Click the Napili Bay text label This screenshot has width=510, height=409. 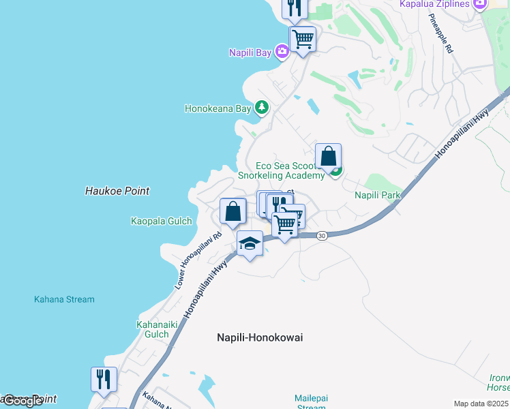(250, 52)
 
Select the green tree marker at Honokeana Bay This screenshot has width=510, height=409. (261, 108)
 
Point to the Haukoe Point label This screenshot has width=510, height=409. (117, 192)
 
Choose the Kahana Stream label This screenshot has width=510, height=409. (64, 299)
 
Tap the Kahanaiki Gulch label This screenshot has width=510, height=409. (152, 329)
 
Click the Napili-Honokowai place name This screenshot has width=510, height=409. (260, 337)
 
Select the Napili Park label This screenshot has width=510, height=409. (377, 195)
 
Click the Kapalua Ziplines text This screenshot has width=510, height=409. (434, 4)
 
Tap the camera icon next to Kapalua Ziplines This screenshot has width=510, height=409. (479, 4)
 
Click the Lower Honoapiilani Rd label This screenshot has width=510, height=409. (198, 261)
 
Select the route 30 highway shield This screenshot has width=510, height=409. (322, 235)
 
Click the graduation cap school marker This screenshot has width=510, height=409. (250, 243)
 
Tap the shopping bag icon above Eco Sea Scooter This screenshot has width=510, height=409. (328, 156)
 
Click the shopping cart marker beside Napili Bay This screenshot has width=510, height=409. (302, 38)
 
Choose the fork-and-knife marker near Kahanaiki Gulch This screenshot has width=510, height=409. (104, 378)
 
